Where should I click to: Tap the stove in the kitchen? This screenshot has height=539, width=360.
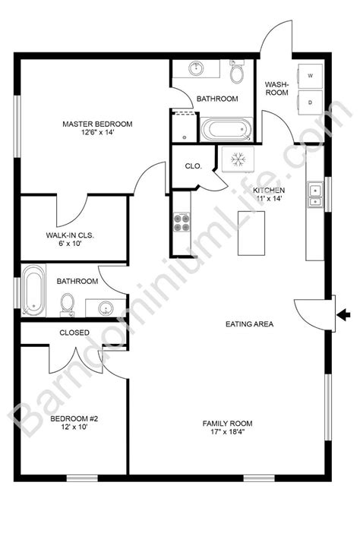click(182, 222)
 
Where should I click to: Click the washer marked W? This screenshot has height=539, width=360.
click(311, 76)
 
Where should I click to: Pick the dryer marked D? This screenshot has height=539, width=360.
click(311, 101)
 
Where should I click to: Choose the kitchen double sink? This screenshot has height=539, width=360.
click(314, 194)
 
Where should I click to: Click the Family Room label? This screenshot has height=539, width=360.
click(227, 428)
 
